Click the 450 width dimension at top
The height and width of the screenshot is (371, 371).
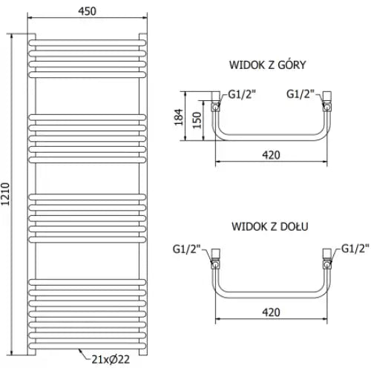[84, 10]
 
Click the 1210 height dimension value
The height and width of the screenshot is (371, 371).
[7, 194]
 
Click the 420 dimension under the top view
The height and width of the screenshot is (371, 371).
[270, 155]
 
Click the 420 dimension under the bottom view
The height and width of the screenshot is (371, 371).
[270, 312]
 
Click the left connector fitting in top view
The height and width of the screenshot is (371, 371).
[217, 100]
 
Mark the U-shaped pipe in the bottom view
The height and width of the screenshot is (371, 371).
[270, 292]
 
